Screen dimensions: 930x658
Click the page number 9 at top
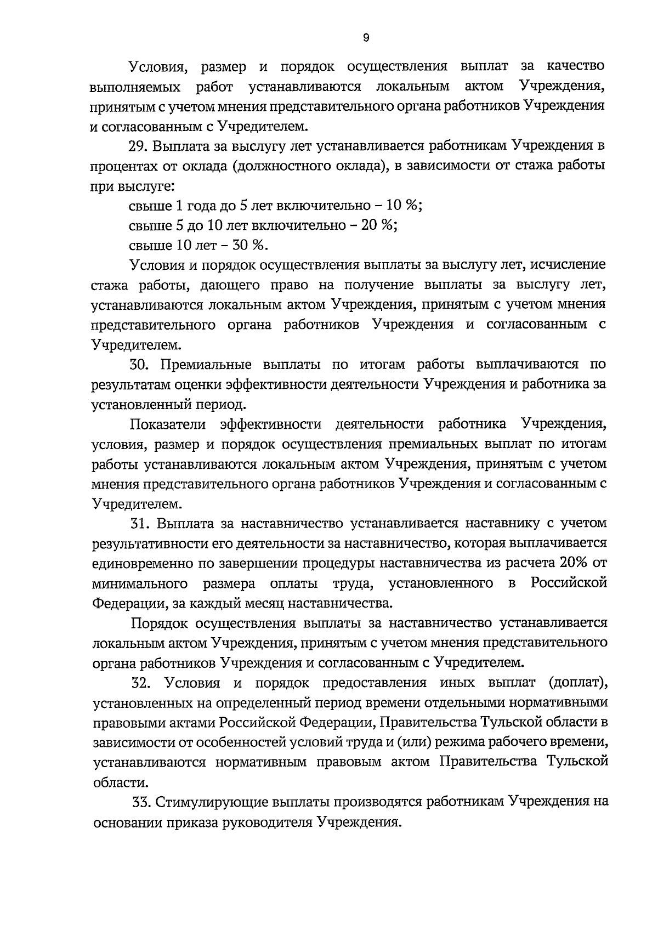366,38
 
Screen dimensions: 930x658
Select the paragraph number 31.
140,523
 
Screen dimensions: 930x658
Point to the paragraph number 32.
141,683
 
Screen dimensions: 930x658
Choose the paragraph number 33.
141,802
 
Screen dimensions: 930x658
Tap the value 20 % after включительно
379,225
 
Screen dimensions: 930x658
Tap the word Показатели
168,424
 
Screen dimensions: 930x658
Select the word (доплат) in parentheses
577,683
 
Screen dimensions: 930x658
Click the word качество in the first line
576,66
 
